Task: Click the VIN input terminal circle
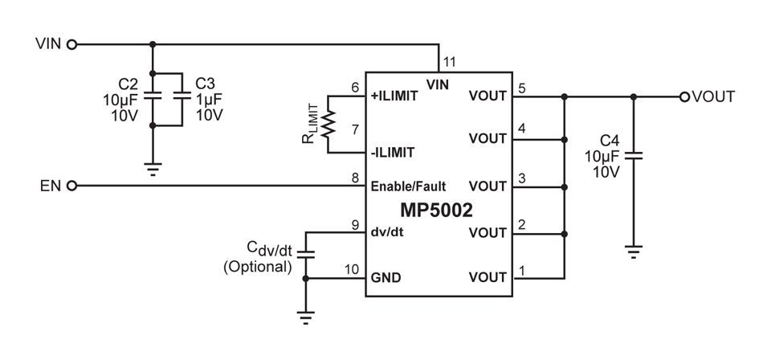click(x=71, y=45)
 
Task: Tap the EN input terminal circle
click(x=71, y=186)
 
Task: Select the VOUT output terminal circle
click(x=684, y=97)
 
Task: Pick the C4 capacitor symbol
click(x=634, y=155)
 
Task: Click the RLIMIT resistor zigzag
click(x=328, y=124)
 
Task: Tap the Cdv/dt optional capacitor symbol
click(x=306, y=254)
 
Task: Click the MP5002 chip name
click(x=436, y=211)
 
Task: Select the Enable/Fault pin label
click(x=408, y=186)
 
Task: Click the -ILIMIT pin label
click(x=393, y=153)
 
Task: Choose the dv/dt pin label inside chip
click(x=387, y=232)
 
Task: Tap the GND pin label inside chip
click(x=385, y=278)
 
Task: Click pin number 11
click(x=450, y=62)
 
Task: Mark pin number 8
click(x=356, y=178)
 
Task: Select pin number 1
click(x=522, y=270)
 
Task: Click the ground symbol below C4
click(x=634, y=252)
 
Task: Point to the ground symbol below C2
click(x=153, y=170)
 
